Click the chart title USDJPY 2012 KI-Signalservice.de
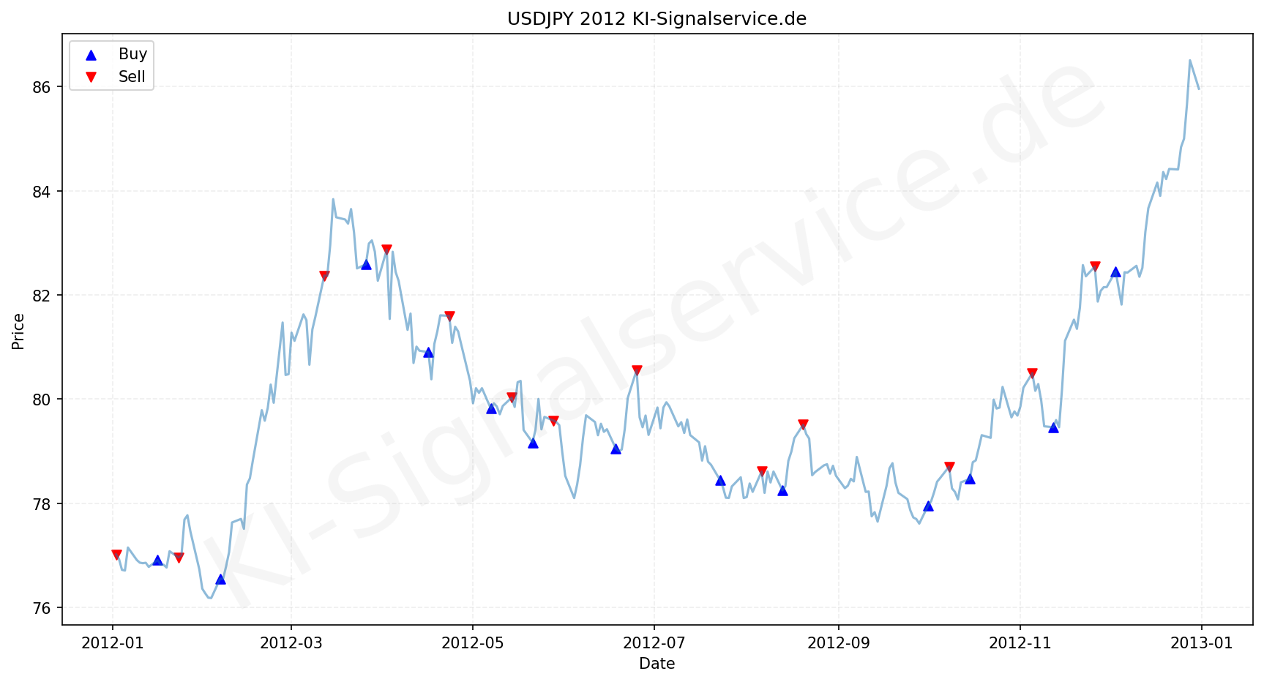(x=657, y=19)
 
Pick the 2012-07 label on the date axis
(x=654, y=643)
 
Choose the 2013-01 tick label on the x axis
(x=1201, y=643)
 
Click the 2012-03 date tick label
(x=291, y=643)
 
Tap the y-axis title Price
(x=18, y=331)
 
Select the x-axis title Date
(x=657, y=664)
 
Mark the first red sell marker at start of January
(x=116, y=555)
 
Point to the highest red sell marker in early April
(x=386, y=250)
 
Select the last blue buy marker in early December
(x=1115, y=272)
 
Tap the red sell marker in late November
(x=1095, y=266)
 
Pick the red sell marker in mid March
(x=324, y=276)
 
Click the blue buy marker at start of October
(x=928, y=506)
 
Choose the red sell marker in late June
(x=637, y=370)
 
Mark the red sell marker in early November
(x=1032, y=373)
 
